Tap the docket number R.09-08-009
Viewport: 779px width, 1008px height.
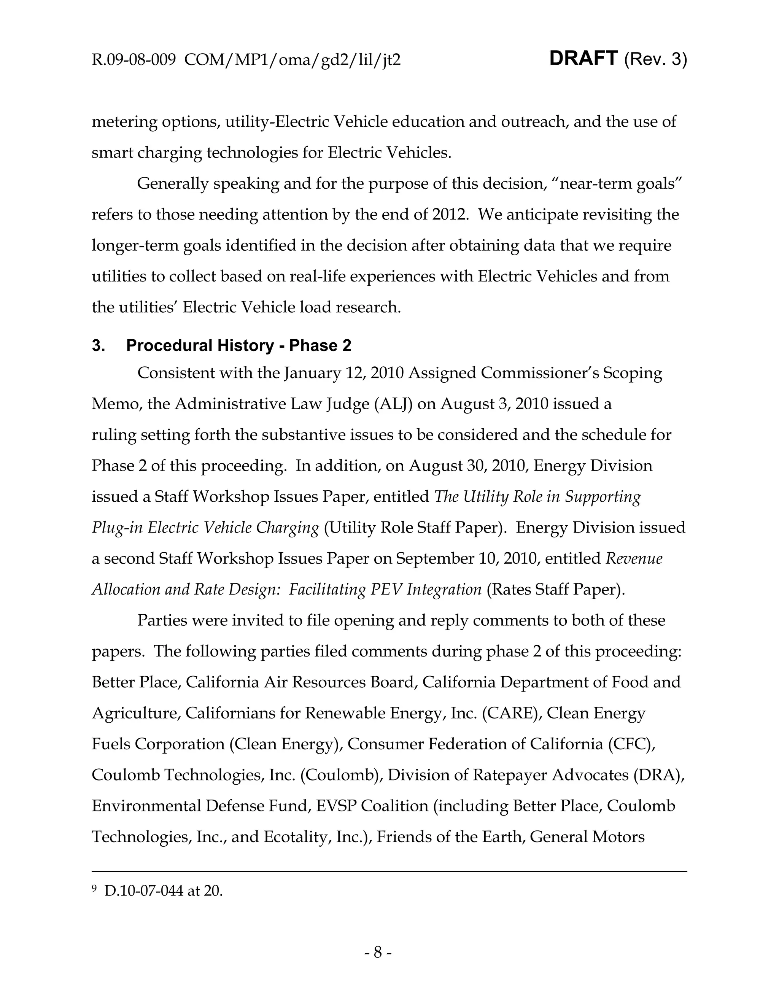point(134,60)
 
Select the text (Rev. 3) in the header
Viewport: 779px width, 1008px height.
point(655,60)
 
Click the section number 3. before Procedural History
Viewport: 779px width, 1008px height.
point(98,345)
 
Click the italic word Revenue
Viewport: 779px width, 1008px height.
point(634,558)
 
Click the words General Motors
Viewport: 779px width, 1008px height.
point(587,837)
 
